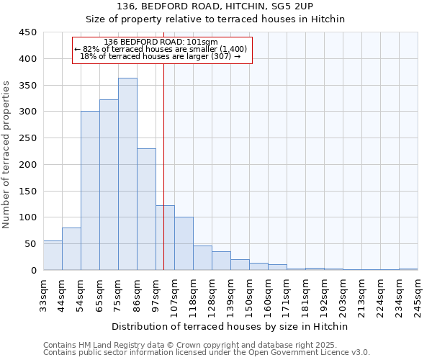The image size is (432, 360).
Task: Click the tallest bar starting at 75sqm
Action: pos(127,174)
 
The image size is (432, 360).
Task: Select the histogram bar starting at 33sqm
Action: pos(53,256)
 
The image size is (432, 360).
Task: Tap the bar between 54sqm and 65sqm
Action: pos(90,191)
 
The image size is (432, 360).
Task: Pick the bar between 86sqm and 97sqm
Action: pos(146,210)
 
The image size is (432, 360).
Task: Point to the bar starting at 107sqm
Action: pos(184,243)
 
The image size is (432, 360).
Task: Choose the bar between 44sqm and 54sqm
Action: pos(71,249)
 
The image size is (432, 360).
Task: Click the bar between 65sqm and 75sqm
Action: pos(109,185)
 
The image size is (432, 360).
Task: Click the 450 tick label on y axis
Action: pos(28,32)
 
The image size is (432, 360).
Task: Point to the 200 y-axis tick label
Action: pos(28,165)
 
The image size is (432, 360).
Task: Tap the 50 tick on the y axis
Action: pos(31,244)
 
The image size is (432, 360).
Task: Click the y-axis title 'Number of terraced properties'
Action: pos(7,155)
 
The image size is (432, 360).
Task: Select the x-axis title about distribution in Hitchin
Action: pos(230,327)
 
